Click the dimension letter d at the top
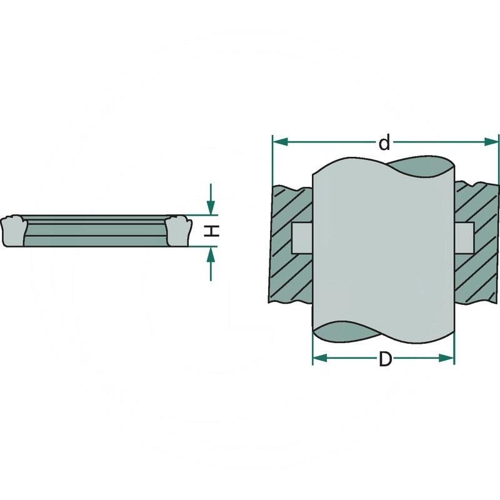tap(384, 144)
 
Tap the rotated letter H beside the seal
tap(214, 231)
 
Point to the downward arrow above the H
tap(211, 207)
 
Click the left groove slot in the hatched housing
tap(302, 237)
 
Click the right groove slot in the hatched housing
tap(464, 237)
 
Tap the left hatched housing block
tap(291, 275)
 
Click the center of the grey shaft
tap(382, 250)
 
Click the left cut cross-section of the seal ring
tap(13, 231)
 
